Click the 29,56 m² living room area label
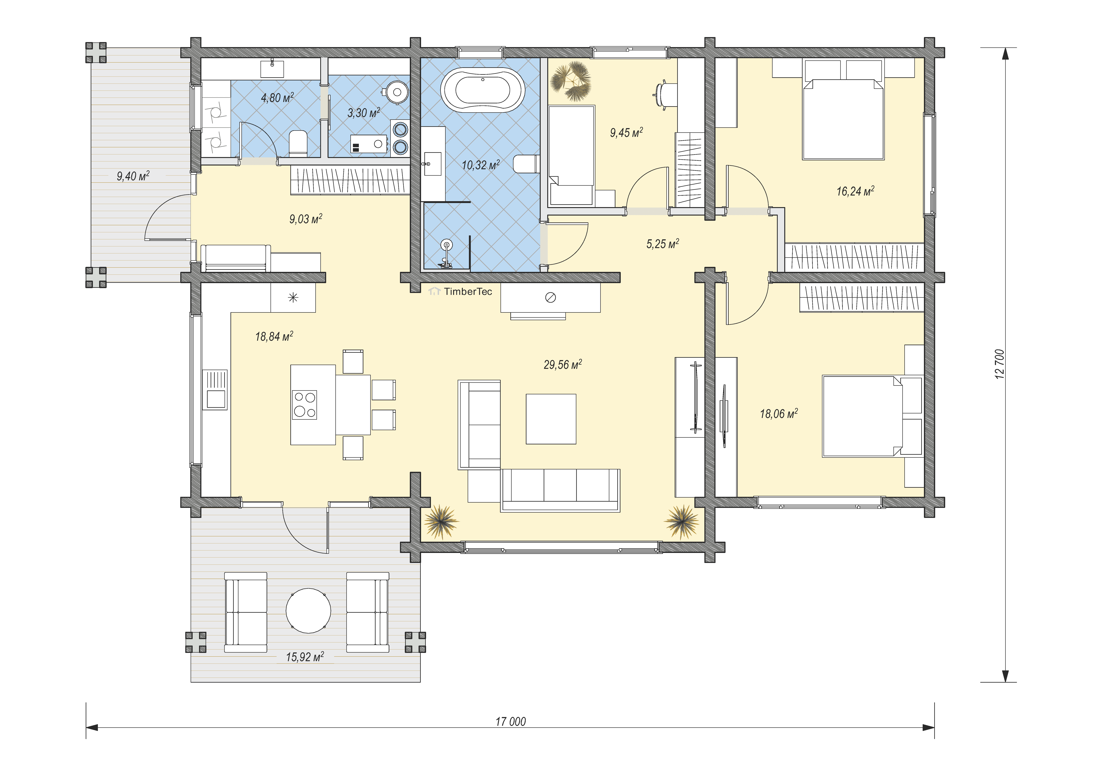(563, 365)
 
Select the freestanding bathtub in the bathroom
(483, 90)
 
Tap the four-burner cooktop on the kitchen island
(304, 405)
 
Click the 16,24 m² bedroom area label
(855, 191)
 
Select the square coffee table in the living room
(551, 419)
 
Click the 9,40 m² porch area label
(133, 176)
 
